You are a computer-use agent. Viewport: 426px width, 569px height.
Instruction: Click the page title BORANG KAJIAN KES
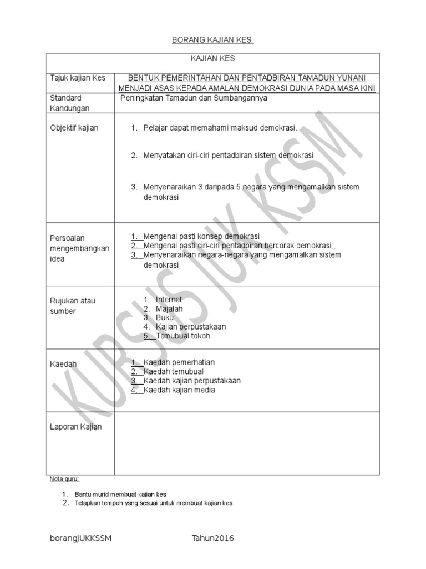click(212, 41)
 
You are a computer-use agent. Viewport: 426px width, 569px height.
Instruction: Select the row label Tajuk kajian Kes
click(78, 78)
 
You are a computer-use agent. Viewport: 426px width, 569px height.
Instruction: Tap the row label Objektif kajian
click(74, 128)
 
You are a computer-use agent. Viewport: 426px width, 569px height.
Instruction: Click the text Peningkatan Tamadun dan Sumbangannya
click(194, 98)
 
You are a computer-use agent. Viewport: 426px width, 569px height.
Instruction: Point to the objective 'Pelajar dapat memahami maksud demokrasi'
click(220, 128)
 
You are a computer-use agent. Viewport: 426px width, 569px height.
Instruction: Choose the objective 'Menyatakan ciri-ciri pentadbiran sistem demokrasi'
click(228, 156)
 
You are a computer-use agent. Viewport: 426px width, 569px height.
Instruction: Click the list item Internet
click(169, 300)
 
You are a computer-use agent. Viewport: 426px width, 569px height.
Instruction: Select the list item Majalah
click(169, 309)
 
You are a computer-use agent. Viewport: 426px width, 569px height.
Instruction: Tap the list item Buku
click(165, 318)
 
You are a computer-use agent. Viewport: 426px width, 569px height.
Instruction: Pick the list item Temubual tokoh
click(183, 336)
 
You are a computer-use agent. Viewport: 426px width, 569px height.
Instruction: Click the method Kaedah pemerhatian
click(179, 363)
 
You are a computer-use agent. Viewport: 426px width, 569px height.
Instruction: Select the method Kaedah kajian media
click(179, 390)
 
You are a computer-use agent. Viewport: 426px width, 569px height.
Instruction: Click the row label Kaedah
click(63, 364)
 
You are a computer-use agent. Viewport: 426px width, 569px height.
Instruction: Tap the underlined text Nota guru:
click(64, 479)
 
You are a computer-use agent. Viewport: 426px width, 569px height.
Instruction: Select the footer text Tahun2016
click(212, 538)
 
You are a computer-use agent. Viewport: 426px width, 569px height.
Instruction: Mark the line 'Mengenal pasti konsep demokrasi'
click(201, 237)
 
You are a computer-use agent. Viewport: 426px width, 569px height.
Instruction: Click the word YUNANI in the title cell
click(350, 78)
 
